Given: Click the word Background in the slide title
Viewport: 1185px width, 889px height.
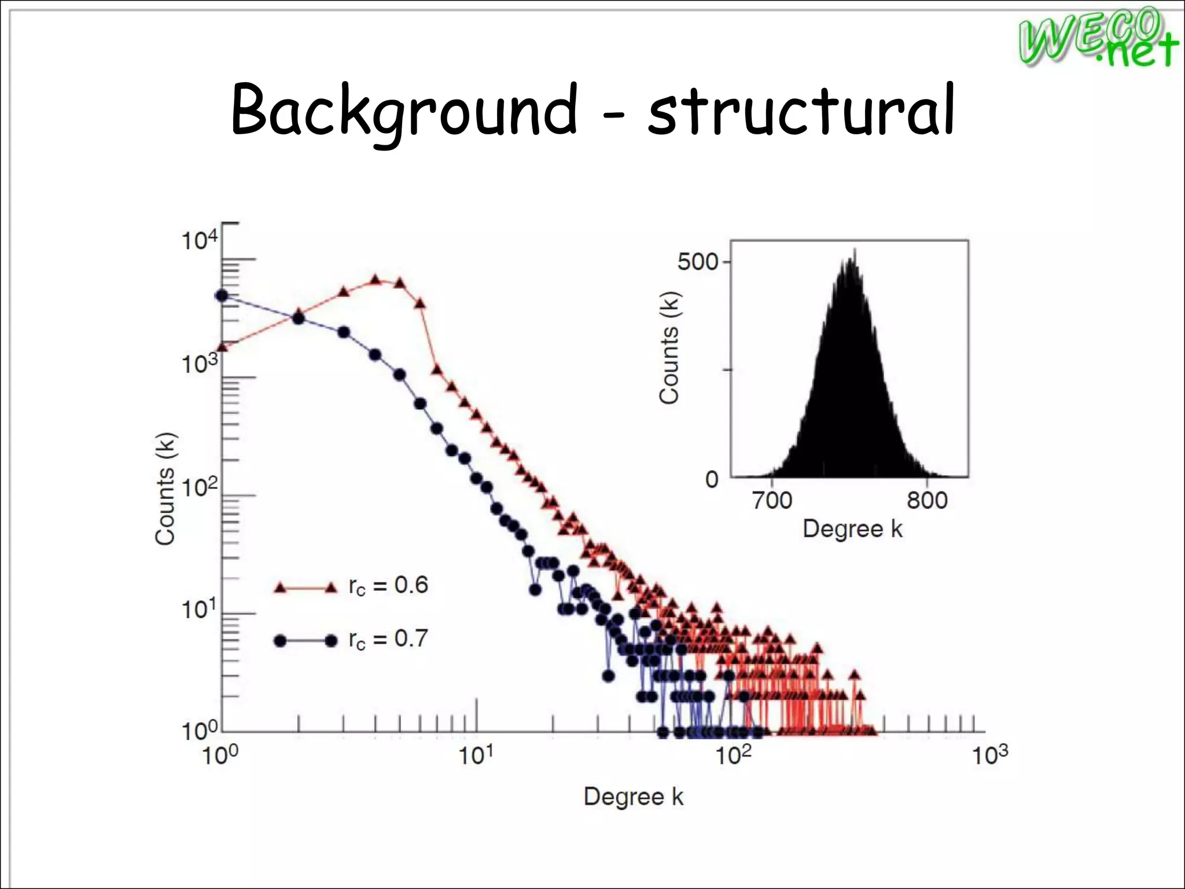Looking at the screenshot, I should click(404, 111).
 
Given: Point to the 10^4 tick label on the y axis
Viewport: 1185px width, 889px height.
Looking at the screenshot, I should click(200, 240).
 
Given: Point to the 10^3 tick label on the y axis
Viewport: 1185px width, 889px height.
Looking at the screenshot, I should click(200, 363).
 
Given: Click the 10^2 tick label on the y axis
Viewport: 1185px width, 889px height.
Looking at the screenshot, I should click(200, 487).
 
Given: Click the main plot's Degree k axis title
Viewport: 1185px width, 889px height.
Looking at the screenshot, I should click(634, 797).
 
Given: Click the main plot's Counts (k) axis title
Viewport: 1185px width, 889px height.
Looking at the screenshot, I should click(165, 488).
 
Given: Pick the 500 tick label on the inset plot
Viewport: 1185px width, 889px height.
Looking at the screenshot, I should click(697, 262).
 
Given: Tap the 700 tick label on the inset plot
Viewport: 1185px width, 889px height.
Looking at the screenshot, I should click(772, 501).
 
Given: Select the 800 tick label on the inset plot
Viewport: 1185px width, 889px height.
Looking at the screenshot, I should click(927, 501).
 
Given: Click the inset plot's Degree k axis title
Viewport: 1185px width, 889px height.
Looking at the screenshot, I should click(852, 529).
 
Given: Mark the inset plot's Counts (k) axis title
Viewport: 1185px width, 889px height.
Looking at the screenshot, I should click(669, 347).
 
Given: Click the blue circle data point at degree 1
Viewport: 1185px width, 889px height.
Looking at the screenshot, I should click(222, 296).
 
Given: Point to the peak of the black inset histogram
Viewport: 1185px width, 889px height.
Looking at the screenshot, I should click(854, 251).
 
